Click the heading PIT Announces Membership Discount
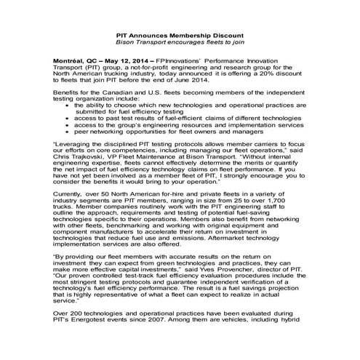180,35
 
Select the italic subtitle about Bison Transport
180,42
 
